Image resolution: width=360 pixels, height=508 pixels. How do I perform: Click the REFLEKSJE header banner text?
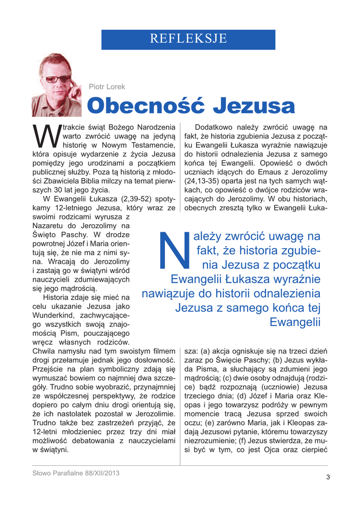(188, 38)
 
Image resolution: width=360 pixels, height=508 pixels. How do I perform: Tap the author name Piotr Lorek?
(107, 87)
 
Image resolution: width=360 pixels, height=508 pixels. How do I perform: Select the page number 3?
(328, 477)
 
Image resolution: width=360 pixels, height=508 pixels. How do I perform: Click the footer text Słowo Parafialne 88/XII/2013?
(76, 473)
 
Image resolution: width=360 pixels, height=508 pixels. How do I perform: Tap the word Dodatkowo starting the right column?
(217, 127)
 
